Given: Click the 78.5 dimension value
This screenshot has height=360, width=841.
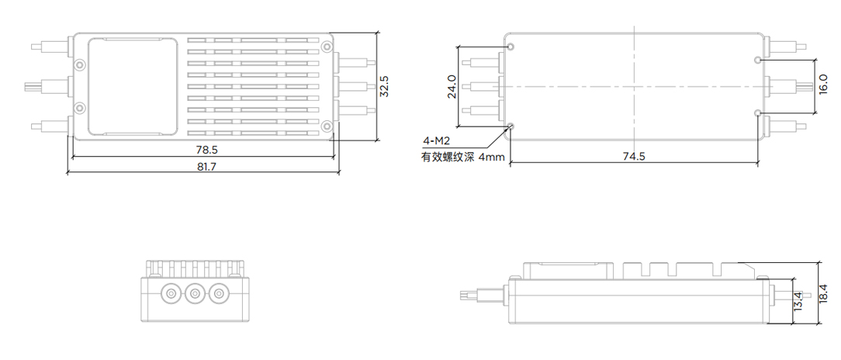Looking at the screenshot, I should tap(206, 148).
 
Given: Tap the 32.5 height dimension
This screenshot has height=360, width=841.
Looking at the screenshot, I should tap(385, 86).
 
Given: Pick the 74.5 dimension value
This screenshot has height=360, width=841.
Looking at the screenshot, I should tap(634, 157).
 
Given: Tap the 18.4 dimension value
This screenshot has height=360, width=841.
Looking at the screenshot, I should tap(827, 295).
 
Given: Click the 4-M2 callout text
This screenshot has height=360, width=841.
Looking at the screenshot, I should tap(436, 141).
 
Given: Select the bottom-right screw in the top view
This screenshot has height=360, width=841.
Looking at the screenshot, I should tap(327, 126).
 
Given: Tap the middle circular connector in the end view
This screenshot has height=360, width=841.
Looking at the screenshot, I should tap(195, 294).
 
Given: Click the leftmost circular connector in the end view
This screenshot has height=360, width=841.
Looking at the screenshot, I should tap(168, 294).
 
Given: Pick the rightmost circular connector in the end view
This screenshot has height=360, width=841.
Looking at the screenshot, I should tap(221, 294).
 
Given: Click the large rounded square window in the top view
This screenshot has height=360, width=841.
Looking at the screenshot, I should tap(126, 85).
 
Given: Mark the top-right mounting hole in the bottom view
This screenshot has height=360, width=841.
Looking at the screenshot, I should tap(758, 59).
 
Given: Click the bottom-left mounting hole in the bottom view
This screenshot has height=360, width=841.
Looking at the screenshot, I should tap(510, 126).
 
